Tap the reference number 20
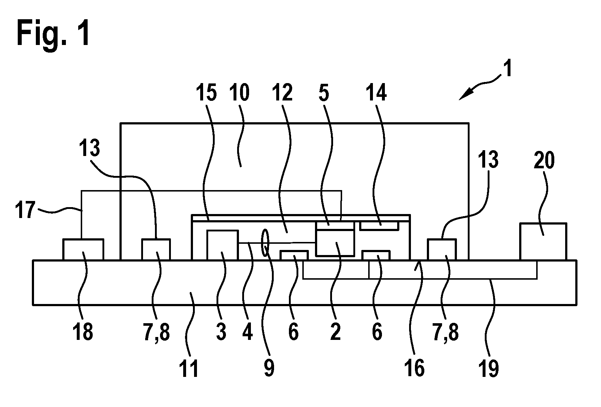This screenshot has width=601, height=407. pyautogui.click(x=544, y=160)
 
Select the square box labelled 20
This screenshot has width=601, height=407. pyautogui.click(x=543, y=241)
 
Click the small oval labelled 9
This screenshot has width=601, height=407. pyautogui.click(x=265, y=242)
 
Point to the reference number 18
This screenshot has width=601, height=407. pyautogui.click(x=83, y=332)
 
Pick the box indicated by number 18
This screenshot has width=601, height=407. pyautogui.click(x=83, y=250)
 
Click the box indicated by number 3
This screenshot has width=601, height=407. pyautogui.click(x=222, y=245)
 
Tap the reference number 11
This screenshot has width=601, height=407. pyautogui.click(x=189, y=369)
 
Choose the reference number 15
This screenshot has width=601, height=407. pyautogui.click(x=206, y=92)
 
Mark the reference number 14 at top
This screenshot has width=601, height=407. pyautogui.click(x=376, y=92)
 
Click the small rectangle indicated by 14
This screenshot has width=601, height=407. pyautogui.click(x=379, y=226)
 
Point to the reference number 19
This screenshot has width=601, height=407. pyautogui.click(x=488, y=369)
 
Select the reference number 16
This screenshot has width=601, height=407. pyautogui.click(x=415, y=369)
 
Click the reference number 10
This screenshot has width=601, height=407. pyautogui.click(x=239, y=92)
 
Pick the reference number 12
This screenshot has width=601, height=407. pyautogui.click(x=282, y=92)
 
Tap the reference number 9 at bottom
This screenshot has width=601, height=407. pyautogui.click(x=269, y=369)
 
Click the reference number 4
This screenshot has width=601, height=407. pyautogui.click(x=247, y=332)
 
